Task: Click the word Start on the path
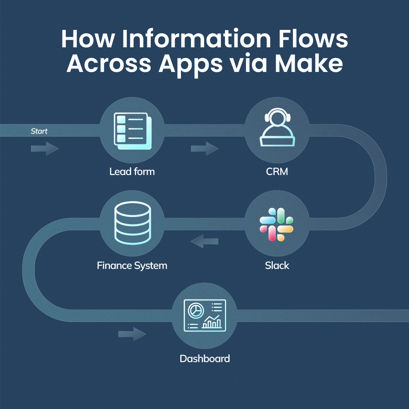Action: pos(39,131)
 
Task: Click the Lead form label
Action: pos(132,172)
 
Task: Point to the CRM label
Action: pos(277,172)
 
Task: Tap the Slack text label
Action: pos(277,265)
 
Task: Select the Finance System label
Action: pos(132,265)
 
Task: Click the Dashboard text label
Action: pos(204,358)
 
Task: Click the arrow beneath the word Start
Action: pos(45,148)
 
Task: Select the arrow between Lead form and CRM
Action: pos(204,148)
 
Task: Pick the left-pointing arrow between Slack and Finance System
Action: pos(204,241)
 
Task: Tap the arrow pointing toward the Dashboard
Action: pos(132,334)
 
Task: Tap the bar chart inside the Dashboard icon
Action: pos(212,323)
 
